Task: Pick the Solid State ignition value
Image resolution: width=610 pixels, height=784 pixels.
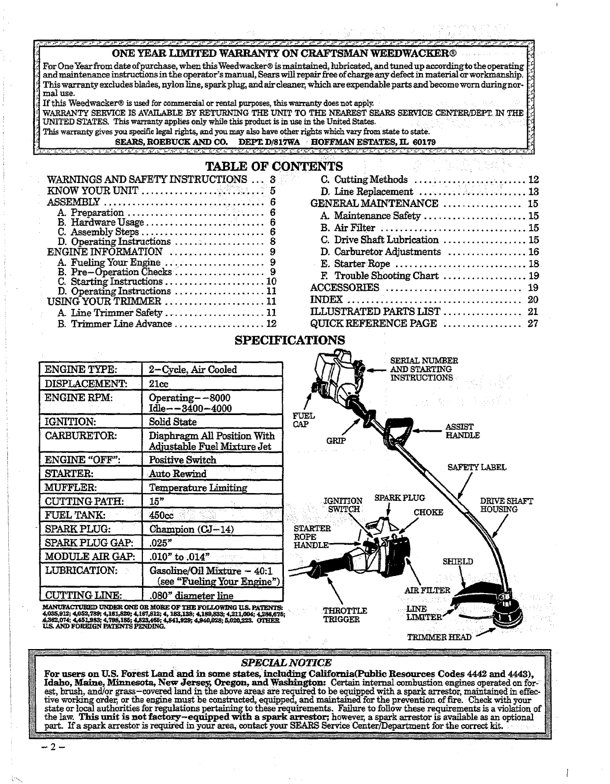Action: pyautogui.click(x=173, y=422)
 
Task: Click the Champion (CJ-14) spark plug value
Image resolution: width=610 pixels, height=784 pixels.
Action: pyautogui.click(x=192, y=529)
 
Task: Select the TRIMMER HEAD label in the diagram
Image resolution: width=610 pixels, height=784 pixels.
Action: pyautogui.click(x=440, y=637)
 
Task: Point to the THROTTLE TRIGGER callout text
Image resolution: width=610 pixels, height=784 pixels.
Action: pyautogui.click(x=345, y=615)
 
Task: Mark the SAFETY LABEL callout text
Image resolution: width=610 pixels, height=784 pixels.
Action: pyautogui.click(x=476, y=468)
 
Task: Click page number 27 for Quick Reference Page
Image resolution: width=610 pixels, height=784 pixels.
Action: pyautogui.click(x=533, y=324)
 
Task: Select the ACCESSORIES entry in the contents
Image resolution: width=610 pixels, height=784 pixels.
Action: pyautogui.click(x=345, y=287)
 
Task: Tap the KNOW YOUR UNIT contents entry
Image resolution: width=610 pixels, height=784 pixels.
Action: pyautogui.click(x=96, y=191)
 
